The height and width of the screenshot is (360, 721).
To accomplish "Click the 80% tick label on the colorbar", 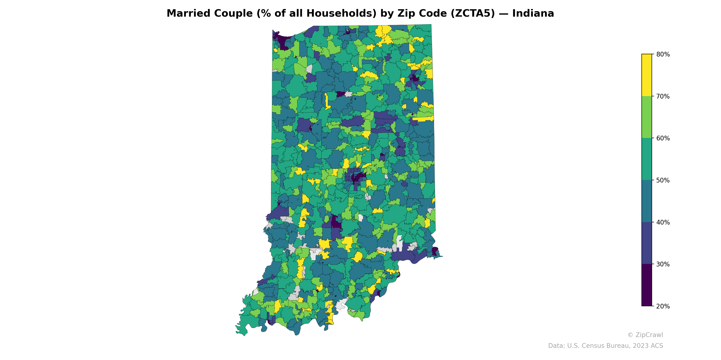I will pos(663,54).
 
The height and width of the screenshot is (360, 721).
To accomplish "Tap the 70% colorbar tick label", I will pos(663,97).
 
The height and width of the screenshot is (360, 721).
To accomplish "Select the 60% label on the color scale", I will pos(663,138).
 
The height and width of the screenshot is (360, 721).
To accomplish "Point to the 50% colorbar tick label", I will pos(663,180).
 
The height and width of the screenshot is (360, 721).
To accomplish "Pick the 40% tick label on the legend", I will pos(663,223).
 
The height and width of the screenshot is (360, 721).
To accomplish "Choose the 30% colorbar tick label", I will pos(663,264).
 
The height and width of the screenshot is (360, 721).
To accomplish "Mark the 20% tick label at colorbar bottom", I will pos(663,306).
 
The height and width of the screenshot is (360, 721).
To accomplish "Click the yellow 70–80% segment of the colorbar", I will pos(647,75).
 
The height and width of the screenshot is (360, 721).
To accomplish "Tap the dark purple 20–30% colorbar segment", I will pos(647,285).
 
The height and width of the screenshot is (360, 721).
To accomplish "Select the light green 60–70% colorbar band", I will pos(647,117).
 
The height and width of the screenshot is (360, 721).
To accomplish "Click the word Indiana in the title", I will pos(533,13).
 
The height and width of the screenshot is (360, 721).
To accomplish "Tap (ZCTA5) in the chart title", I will pos(473,13).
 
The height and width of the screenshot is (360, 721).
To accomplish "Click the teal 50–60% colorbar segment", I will pos(647,159).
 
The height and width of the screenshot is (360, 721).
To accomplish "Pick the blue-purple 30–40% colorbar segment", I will pos(647,243).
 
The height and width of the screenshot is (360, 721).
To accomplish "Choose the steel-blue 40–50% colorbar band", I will pos(647,201).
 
